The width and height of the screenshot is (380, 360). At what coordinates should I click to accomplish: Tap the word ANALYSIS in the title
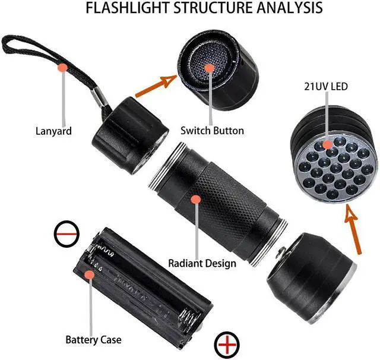289,8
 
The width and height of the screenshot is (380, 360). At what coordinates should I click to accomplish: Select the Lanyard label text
53,131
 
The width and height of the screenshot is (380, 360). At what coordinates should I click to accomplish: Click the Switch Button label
212,130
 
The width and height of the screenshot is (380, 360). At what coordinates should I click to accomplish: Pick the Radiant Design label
202,263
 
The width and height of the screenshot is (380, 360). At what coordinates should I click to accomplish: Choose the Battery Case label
93,340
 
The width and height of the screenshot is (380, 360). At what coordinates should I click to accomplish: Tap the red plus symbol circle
229,345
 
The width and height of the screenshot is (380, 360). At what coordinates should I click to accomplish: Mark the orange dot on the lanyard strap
62,68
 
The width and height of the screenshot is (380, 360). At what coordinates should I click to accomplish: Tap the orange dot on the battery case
89,275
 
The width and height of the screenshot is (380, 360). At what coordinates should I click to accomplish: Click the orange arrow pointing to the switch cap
156,85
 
